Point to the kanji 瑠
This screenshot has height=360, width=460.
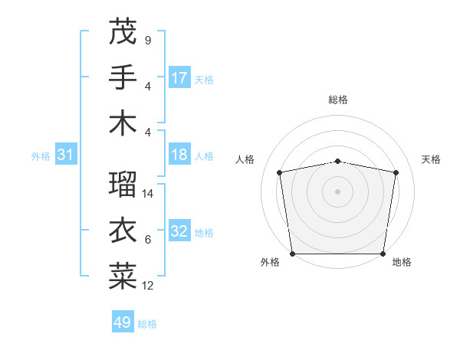tap(123, 184)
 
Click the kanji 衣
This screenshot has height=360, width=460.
tap(123, 231)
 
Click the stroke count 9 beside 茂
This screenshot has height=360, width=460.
tap(147, 40)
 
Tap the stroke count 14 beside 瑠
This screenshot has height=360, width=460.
tap(149, 194)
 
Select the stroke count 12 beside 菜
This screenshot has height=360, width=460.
tap(149, 286)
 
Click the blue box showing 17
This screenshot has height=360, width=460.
tap(179, 77)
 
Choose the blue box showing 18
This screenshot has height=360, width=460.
tap(179, 155)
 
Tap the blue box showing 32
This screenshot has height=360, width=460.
tap(179, 232)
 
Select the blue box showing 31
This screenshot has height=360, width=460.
tap(65, 155)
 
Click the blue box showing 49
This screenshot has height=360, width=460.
tap(122, 322)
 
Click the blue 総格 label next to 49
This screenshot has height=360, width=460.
tap(147, 324)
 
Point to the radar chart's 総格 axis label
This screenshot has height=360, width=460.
tap(337, 100)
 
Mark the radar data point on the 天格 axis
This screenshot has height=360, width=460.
tap(396, 172)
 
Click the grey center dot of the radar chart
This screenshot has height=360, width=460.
tap(337, 191)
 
